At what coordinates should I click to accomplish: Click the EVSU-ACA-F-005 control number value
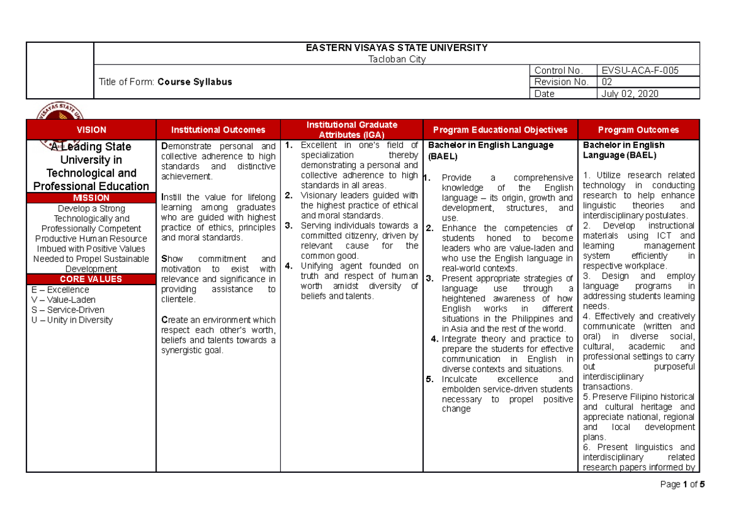click(x=640, y=71)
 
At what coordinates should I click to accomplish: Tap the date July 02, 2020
click(x=631, y=94)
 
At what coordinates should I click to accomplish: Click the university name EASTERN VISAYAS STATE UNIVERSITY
click(x=396, y=48)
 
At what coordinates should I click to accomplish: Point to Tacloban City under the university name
click(x=396, y=59)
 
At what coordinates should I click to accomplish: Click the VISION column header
click(x=91, y=130)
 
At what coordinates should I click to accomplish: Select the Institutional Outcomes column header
click(x=218, y=130)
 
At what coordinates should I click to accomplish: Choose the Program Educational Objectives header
click(x=500, y=130)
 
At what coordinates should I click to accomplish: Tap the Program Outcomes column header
click(x=638, y=130)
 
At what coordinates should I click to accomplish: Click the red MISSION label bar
click(x=91, y=198)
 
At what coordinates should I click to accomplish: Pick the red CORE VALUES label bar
click(x=91, y=279)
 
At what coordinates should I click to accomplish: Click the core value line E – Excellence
click(x=60, y=290)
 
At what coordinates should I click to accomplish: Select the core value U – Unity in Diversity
click(x=72, y=320)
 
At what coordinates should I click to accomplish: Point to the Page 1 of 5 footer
click(x=683, y=484)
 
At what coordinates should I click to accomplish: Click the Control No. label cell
click(x=557, y=71)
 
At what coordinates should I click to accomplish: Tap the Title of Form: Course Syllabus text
click(x=166, y=82)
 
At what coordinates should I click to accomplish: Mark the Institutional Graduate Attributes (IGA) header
click(x=351, y=129)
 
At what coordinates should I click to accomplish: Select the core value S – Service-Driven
click(x=63, y=310)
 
